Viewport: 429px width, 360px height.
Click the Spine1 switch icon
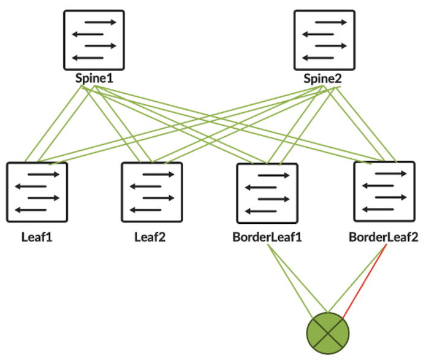[x=94, y=40]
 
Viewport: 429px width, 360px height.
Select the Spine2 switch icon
[x=324, y=40]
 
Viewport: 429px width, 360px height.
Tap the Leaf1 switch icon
[x=37, y=193]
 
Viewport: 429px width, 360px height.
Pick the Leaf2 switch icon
[x=151, y=193]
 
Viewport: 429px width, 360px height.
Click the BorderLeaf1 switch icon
[x=267, y=193]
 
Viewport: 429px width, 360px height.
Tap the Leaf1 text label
[x=37, y=237]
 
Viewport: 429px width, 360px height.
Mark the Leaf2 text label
[x=151, y=237]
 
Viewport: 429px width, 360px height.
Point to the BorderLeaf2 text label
[x=383, y=237]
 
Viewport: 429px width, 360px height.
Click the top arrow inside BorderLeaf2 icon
[x=389, y=174]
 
